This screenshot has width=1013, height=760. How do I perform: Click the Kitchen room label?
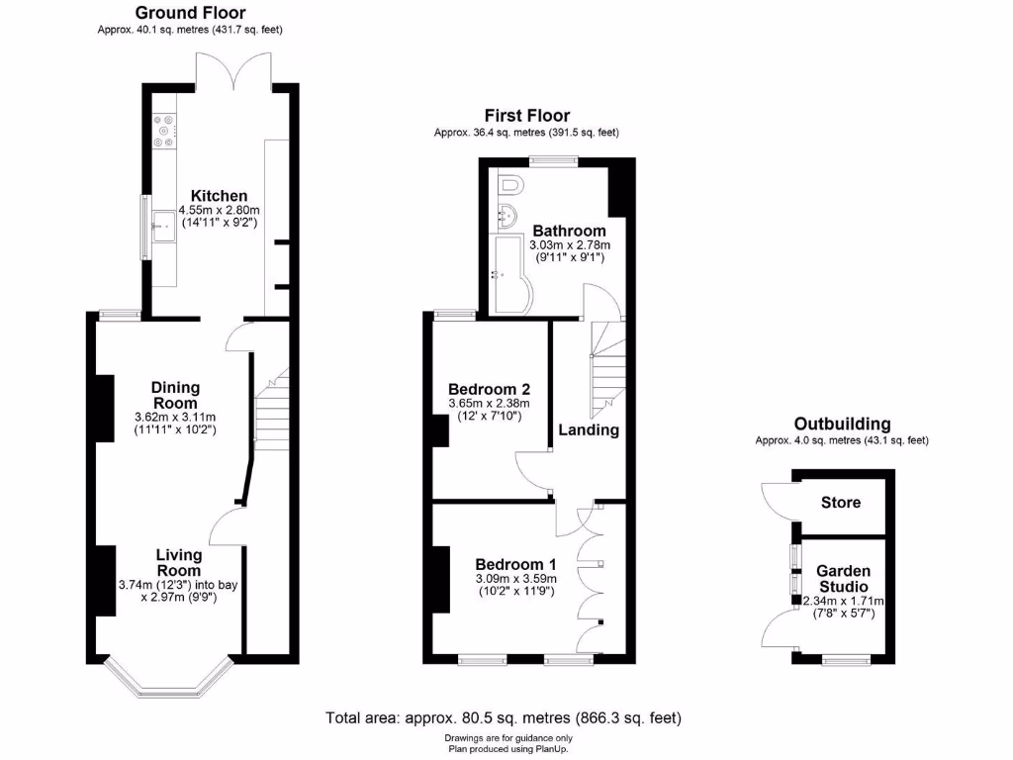point(219,195)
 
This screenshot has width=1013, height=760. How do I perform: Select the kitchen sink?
point(162,230)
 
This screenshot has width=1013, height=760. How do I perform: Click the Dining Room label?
point(175,395)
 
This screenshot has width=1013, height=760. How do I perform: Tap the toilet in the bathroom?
point(511,185)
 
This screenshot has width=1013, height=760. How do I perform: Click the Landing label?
point(589,429)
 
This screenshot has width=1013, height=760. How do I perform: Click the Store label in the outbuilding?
point(841,502)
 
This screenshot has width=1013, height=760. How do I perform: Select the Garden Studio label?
point(843,578)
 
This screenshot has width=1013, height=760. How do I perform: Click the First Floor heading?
point(526,116)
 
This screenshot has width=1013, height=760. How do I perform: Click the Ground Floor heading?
point(190,13)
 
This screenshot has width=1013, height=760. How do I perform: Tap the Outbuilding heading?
point(842,424)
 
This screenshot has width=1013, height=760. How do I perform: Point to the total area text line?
point(505,717)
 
